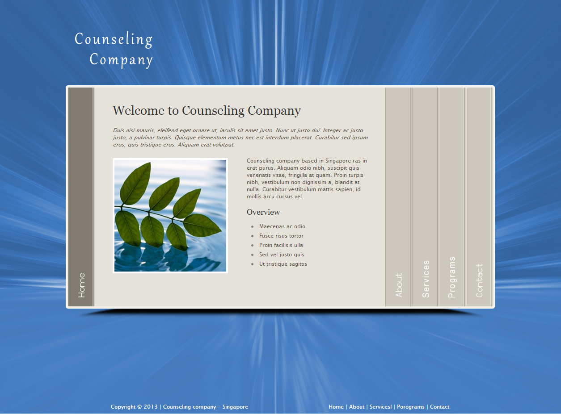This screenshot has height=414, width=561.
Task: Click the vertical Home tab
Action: point(81,285)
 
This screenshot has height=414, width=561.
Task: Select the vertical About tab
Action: point(399,285)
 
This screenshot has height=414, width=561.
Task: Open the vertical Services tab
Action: point(426,279)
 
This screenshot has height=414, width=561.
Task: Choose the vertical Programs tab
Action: point(452,277)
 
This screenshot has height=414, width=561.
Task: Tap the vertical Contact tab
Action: point(479,280)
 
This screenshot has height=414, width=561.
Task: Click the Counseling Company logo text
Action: point(114,49)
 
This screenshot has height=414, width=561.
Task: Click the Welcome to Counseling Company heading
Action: point(207,110)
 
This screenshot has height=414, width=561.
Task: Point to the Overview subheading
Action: point(263,212)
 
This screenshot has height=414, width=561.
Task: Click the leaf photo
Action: point(170,215)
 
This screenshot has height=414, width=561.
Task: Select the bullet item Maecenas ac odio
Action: point(282,226)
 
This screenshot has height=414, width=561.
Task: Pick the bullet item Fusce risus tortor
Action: point(281,236)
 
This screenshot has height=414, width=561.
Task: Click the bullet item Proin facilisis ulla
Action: point(281,245)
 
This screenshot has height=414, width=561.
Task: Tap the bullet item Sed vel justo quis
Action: point(282,255)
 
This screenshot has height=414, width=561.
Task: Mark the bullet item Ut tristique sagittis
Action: point(283,264)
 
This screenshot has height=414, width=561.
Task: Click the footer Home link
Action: point(336,407)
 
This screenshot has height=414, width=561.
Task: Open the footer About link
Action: point(357,407)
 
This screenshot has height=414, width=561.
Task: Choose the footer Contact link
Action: point(439,407)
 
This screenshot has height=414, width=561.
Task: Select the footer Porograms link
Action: point(411,407)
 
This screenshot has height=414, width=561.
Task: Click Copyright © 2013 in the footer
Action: point(134,407)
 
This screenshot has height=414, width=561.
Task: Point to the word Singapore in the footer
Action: point(235,407)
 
